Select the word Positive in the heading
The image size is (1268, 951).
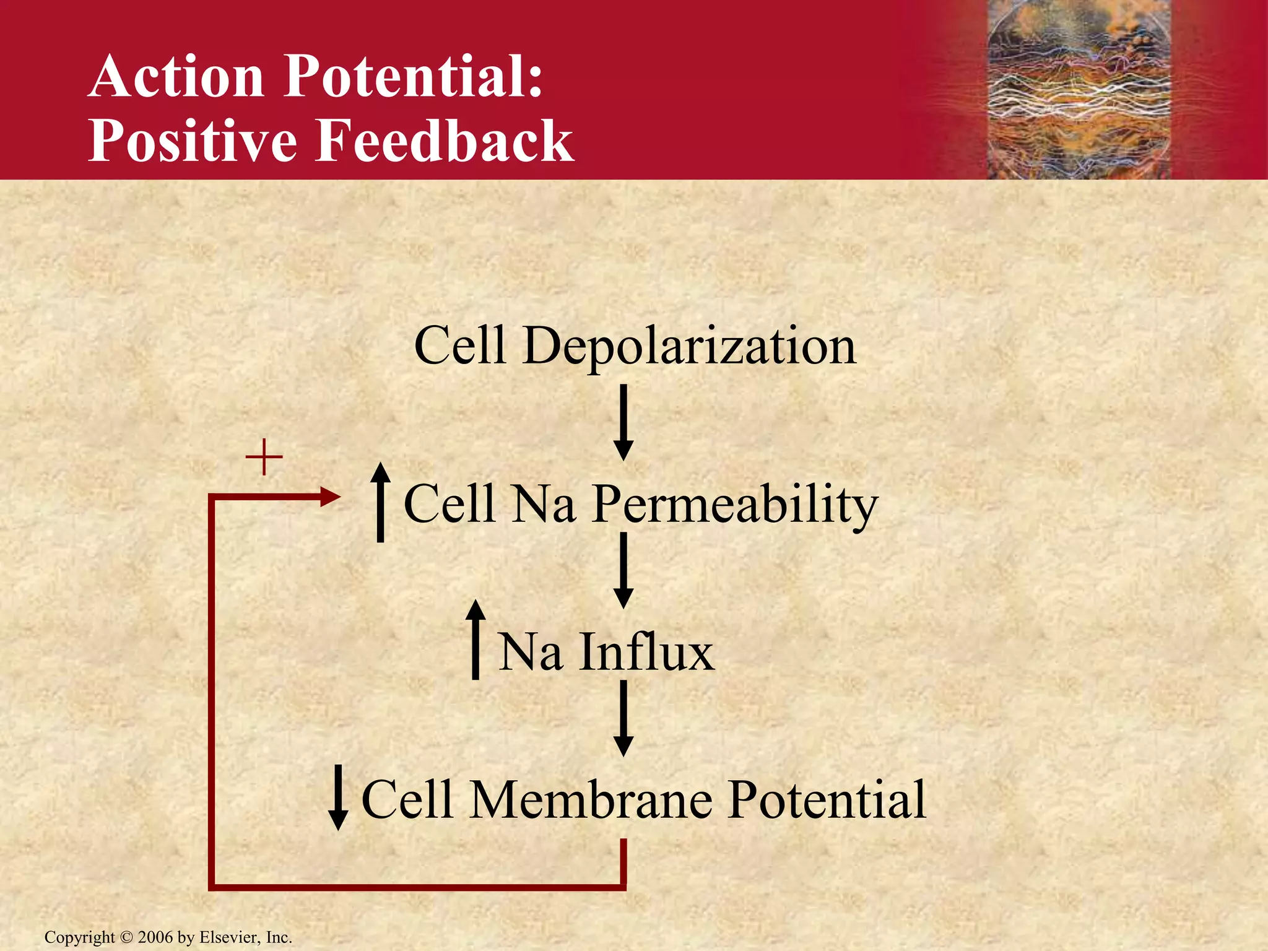coord(193,141)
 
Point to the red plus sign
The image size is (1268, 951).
coord(264,458)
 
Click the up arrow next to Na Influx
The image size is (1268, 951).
coord(475,639)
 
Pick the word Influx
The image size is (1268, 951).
coord(646,652)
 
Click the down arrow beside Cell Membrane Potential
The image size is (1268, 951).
coord(337,797)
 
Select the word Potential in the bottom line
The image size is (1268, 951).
coord(827,801)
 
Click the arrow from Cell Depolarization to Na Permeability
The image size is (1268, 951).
coord(623,422)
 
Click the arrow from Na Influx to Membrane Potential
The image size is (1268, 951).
coord(623,718)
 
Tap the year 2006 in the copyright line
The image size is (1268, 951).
coord(155,937)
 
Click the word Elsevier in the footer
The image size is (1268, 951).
coord(228,937)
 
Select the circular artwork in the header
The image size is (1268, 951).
coord(1079,90)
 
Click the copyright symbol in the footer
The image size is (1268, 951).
coord(126,937)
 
